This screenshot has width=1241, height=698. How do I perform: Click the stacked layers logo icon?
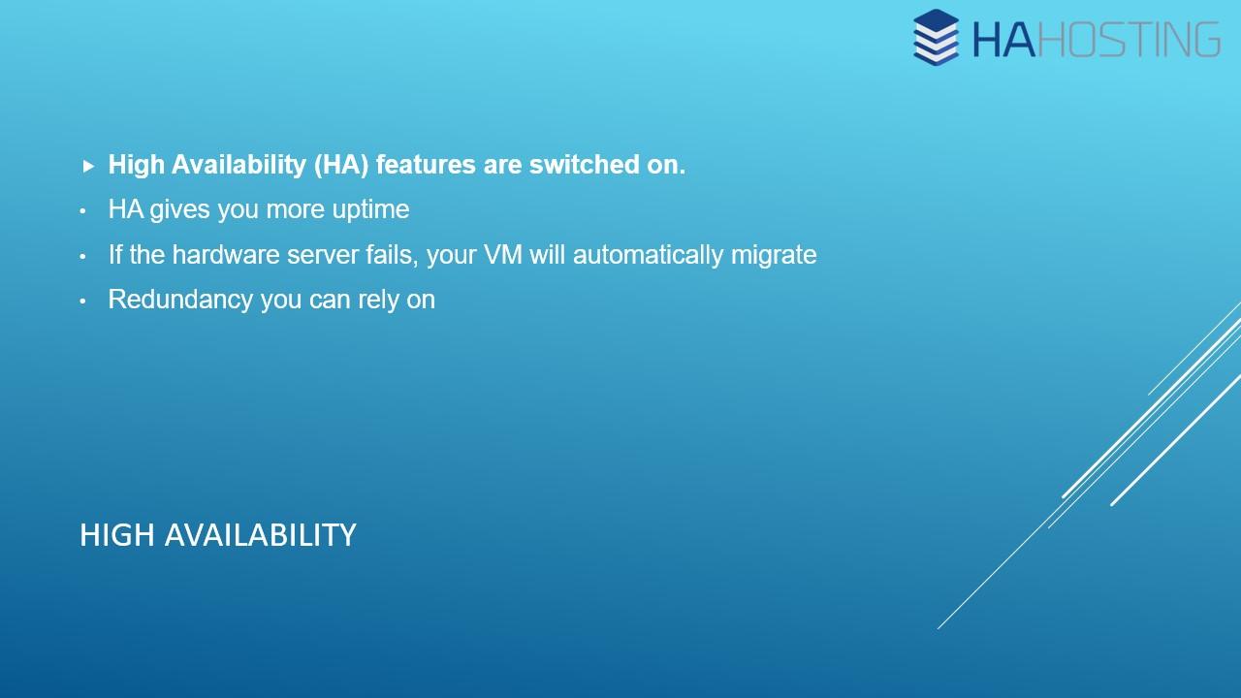click(x=936, y=37)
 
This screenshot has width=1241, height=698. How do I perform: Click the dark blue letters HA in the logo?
click(x=1003, y=40)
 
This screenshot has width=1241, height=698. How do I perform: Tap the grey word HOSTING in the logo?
click(x=1129, y=40)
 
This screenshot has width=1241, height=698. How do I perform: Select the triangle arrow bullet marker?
click(x=88, y=166)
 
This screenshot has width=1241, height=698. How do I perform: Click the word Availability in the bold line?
click(x=239, y=165)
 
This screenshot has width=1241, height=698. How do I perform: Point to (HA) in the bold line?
click(x=341, y=165)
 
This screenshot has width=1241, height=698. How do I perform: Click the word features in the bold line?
click(x=426, y=165)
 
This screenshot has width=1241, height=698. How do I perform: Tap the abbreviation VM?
click(x=502, y=255)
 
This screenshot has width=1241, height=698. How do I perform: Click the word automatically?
click(x=648, y=255)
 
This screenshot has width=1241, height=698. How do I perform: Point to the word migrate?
click(x=774, y=256)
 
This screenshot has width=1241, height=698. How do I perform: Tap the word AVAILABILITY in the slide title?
click(x=261, y=536)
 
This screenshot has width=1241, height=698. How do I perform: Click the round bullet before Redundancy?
click(x=82, y=301)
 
